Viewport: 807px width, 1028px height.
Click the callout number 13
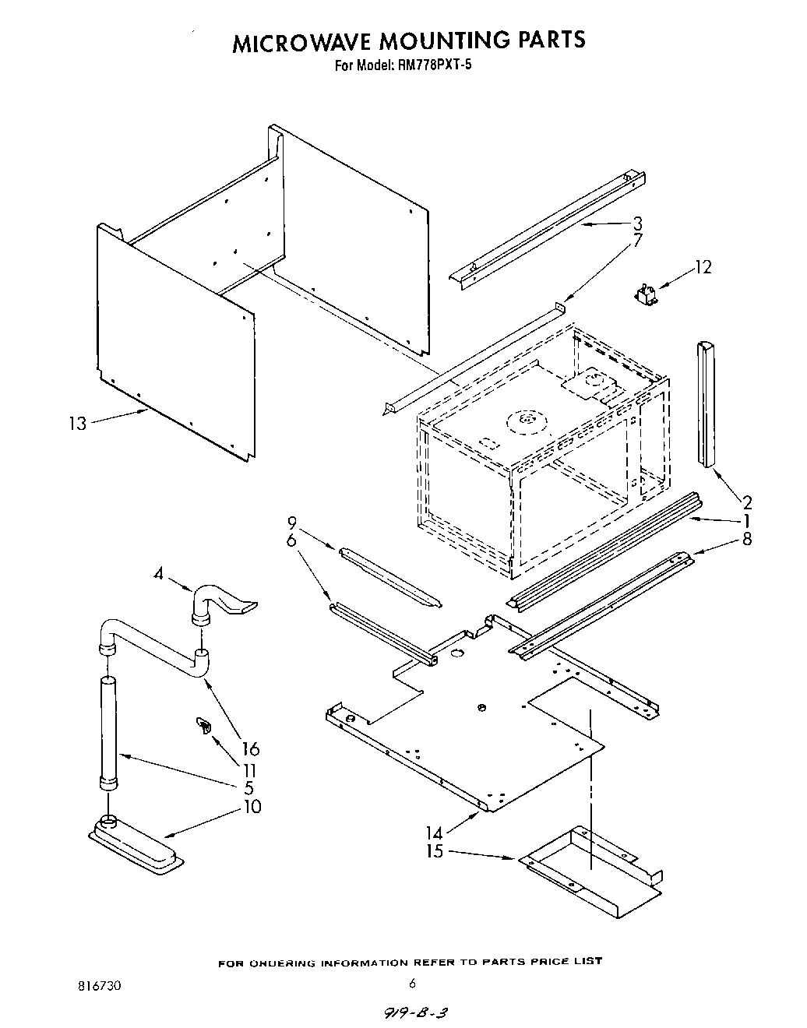point(77,424)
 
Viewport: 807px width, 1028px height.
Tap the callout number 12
point(703,267)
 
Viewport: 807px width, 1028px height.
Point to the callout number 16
point(250,749)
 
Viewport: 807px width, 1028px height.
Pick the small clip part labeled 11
point(204,727)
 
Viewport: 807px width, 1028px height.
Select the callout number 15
point(434,851)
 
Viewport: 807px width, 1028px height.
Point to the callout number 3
point(637,224)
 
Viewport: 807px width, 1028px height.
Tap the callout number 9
point(292,522)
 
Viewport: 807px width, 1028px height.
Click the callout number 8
point(747,538)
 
